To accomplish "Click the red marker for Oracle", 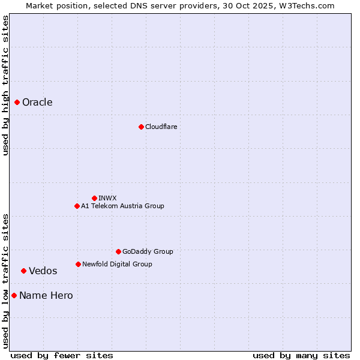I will pyautogui.click(x=17, y=102).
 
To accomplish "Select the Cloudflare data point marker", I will pyautogui.click(x=141, y=127).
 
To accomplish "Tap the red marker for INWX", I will pyautogui.click(x=94, y=198).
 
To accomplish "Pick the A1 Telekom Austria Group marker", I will pyautogui.click(x=77, y=206).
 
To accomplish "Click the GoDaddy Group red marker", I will pyautogui.click(x=118, y=251).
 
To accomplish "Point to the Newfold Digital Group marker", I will pyautogui.click(x=78, y=264).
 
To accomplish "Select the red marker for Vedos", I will pyautogui.click(x=24, y=271).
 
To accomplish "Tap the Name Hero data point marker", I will pyautogui.click(x=14, y=295).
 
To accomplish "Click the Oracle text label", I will pyautogui.click(x=37, y=102).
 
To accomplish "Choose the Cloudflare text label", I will pyautogui.click(x=161, y=127).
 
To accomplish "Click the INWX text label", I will pyautogui.click(x=107, y=198).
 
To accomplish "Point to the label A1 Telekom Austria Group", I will pyautogui.click(x=122, y=206).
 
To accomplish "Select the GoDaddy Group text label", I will pyautogui.click(x=148, y=251).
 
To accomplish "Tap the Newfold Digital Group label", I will pyautogui.click(x=117, y=264).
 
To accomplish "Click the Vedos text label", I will pyautogui.click(x=43, y=271).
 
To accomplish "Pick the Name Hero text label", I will pyautogui.click(x=46, y=295).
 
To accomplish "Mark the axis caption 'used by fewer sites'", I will pyautogui.click(x=62, y=355).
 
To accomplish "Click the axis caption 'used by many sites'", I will pyautogui.click(x=301, y=355).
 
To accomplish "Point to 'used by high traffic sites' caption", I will pyautogui.click(x=5, y=85).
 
